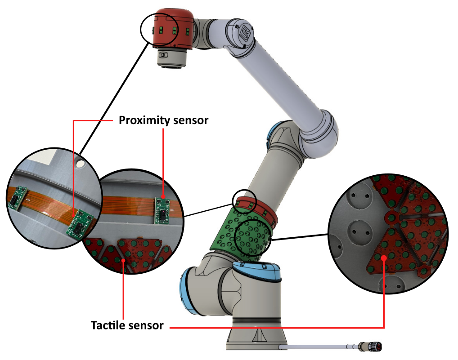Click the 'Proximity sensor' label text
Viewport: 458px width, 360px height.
[x=163, y=120]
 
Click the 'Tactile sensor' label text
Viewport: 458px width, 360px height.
[x=127, y=325]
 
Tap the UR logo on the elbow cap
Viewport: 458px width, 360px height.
[x=244, y=35]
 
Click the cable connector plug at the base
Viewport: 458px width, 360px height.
[x=372, y=347]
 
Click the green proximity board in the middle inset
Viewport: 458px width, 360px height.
[x=162, y=210]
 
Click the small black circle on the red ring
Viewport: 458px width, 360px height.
[x=243, y=202]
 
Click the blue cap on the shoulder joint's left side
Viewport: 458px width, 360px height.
[x=185, y=288]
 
